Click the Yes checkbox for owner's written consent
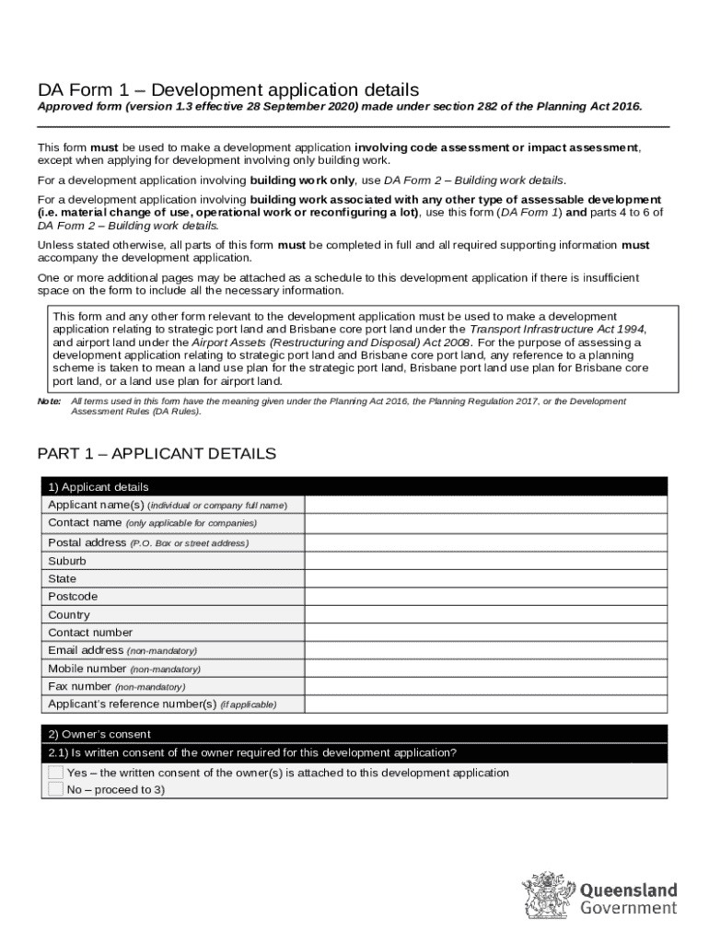click(x=56, y=773)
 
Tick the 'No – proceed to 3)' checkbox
click(x=56, y=789)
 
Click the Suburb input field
click(x=485, y=560)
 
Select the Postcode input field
click(x=485, y=596)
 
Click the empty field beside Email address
click(x=485, y=650)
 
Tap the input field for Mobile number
click(x=485, y=669)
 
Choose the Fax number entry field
click(x=485, y=686)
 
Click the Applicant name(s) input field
click(x=485, y=505)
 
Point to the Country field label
click(x=69, y=614)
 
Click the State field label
click(x=63, y=578)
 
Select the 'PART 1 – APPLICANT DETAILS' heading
click(x=157, y=454)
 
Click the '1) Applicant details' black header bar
click(x=354, y=486)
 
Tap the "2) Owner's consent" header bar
click(x=354, y=734)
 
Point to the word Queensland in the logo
click(x=628, y=891)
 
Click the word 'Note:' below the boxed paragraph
click(x=49, y=402)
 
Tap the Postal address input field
click(x=485, y=542)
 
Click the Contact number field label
click(x=90, y=633)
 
